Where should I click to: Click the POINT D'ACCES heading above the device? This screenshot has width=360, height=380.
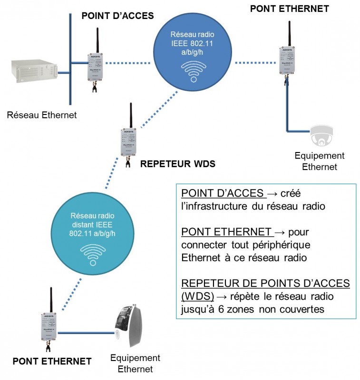point(117,16)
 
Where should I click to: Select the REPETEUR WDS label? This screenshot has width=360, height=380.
point(178,164)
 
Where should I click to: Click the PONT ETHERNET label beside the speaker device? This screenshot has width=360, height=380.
point(52,361)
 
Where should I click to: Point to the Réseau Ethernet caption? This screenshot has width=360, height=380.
point(42,114)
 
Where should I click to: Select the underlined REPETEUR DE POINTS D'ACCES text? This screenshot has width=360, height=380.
point(265,284)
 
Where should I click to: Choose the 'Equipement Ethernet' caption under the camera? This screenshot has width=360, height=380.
point(320,161)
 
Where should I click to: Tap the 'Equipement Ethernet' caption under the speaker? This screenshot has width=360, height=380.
point(135,363)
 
